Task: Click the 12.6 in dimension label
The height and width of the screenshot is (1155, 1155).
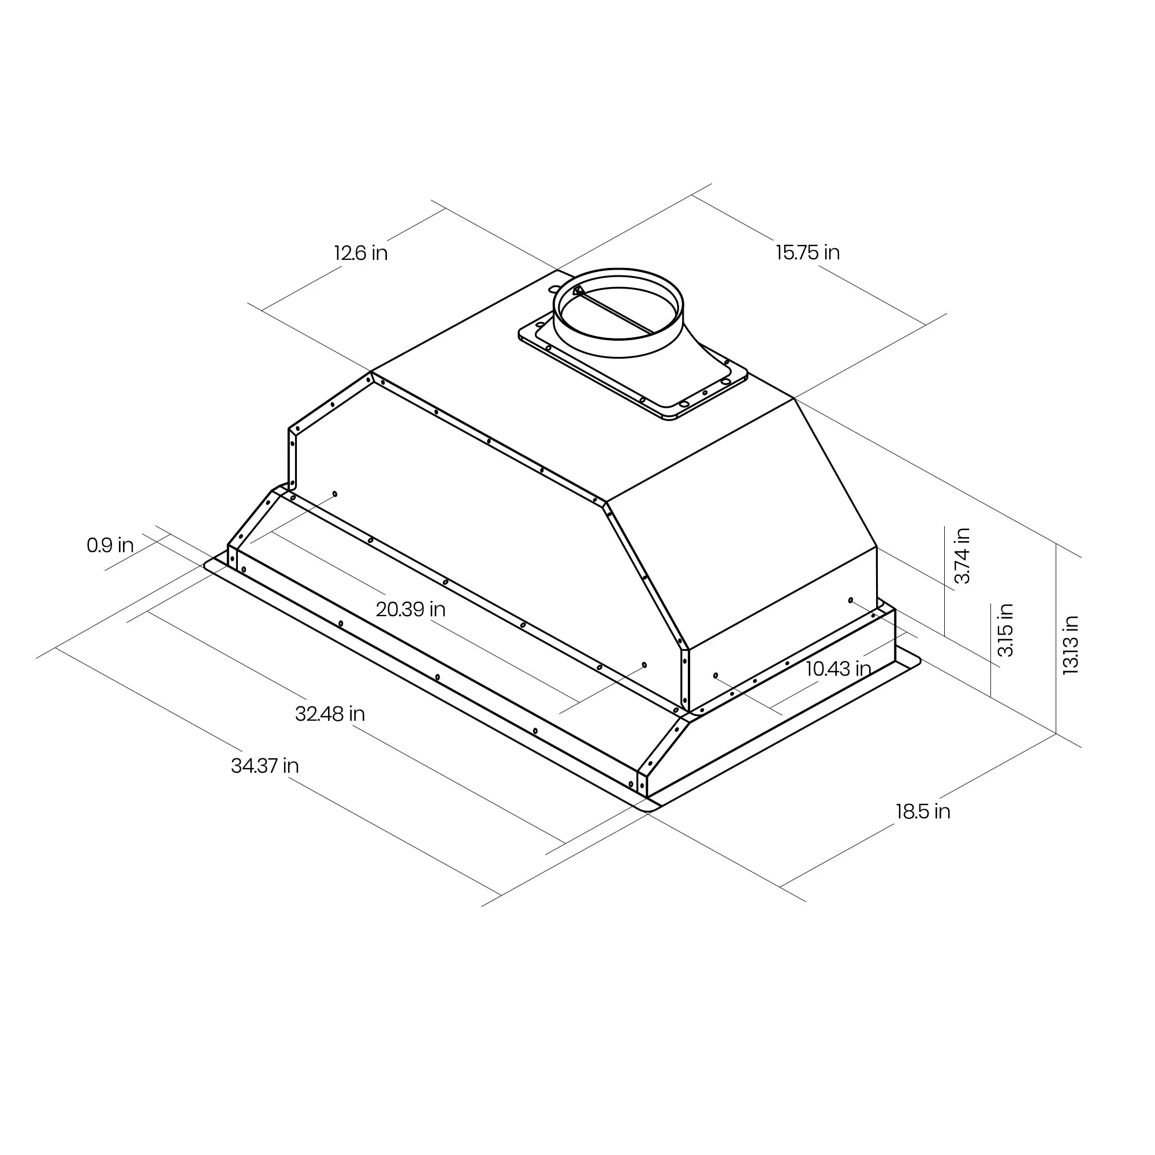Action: click(360, 253)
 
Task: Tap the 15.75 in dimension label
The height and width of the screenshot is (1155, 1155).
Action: click(808, 252)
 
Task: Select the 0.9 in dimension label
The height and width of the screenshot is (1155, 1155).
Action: click(110, 545)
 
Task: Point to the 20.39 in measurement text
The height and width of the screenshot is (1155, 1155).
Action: click(411, 609)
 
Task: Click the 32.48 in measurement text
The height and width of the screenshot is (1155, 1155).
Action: click(330, 714)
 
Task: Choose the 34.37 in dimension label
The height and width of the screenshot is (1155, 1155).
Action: click(265, 765)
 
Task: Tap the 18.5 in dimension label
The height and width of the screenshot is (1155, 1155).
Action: click(922, 811)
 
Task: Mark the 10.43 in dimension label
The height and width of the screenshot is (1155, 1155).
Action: click(837, 668)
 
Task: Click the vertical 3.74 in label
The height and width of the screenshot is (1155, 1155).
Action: click(962, 556)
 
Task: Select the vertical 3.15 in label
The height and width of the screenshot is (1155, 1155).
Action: click(1005, 630)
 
